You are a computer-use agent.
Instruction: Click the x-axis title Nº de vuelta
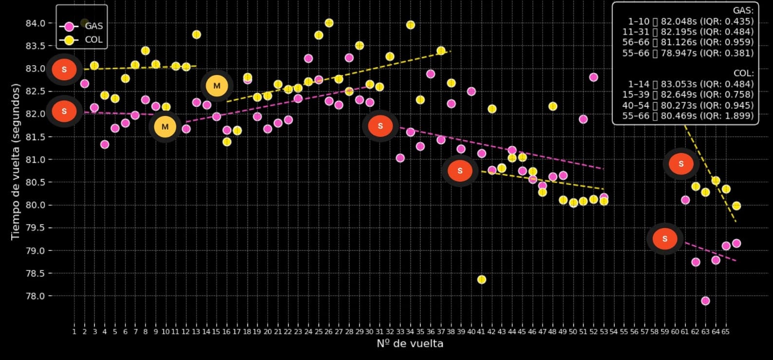click(410, 344)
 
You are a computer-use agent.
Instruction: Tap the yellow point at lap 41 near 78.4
click(482, 280)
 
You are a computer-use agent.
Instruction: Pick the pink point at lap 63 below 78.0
click(705, 301)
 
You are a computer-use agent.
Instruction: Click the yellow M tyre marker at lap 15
click(217, 86)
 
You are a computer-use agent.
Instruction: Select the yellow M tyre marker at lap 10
click(165, 127)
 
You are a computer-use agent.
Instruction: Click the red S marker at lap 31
click(380, 126)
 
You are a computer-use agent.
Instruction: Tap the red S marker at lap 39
click(460, 171)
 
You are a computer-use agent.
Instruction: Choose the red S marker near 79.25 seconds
click(665, 239)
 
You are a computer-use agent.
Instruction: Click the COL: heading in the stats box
click(743, 73)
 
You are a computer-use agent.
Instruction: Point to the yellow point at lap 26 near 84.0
click(329, 23)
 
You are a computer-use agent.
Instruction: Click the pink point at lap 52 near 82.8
click(593, 77)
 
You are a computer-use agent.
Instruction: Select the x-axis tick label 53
click(604, 332)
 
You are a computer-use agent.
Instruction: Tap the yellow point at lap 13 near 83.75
click(196, 35)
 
